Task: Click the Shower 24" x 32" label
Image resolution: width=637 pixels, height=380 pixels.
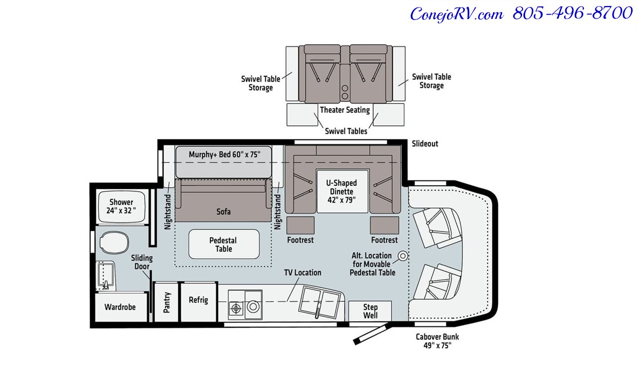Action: pos(121,207)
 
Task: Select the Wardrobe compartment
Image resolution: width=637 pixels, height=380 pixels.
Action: pos(120,307)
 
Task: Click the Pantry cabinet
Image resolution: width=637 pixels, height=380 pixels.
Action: pos(167,302)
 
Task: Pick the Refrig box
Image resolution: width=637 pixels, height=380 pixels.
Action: pos(198,300)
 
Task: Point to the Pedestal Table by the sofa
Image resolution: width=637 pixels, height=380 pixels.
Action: pos(223,244)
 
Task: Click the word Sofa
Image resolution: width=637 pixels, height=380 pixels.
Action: pos(223,212)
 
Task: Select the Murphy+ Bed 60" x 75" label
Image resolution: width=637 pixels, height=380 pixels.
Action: pos(224,154)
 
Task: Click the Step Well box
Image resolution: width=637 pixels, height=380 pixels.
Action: pos(370,311)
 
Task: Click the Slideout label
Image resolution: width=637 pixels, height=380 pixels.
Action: pos(425,143)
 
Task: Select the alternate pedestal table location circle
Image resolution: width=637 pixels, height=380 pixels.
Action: pos(402,256)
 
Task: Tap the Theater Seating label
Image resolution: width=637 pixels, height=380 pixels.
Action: pos(345,110)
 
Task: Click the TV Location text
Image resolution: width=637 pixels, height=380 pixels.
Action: pos(303,272)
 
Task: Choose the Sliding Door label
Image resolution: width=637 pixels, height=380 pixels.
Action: pos(142,262)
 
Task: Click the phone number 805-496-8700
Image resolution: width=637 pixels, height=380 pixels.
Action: pos(572,13)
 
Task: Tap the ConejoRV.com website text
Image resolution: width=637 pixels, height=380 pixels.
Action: pos(456,14)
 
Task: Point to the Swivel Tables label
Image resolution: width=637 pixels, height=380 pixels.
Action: pos(346,131)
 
